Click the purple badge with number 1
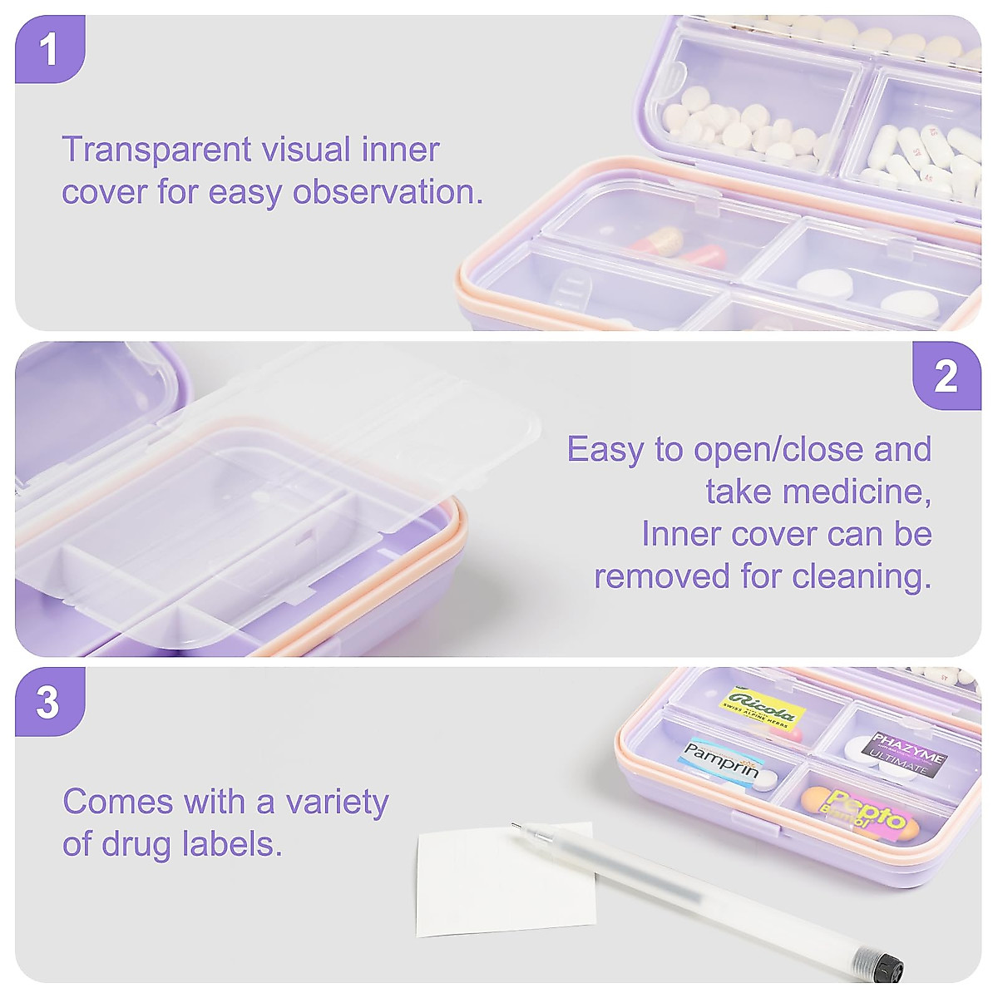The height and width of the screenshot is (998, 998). click(50, 49)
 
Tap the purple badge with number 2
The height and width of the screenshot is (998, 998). click(946, 376)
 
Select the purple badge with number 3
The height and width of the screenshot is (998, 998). click(48, 702)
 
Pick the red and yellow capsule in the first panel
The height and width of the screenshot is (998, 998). click(657, 242)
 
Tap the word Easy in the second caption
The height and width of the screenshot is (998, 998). click(605, 449)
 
